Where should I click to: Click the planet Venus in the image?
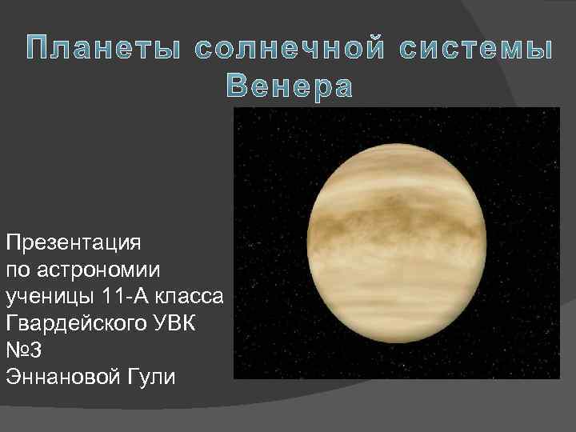(397, 244)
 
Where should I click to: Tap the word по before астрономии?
(17, 269)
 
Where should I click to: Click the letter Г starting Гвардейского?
(10, 324)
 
